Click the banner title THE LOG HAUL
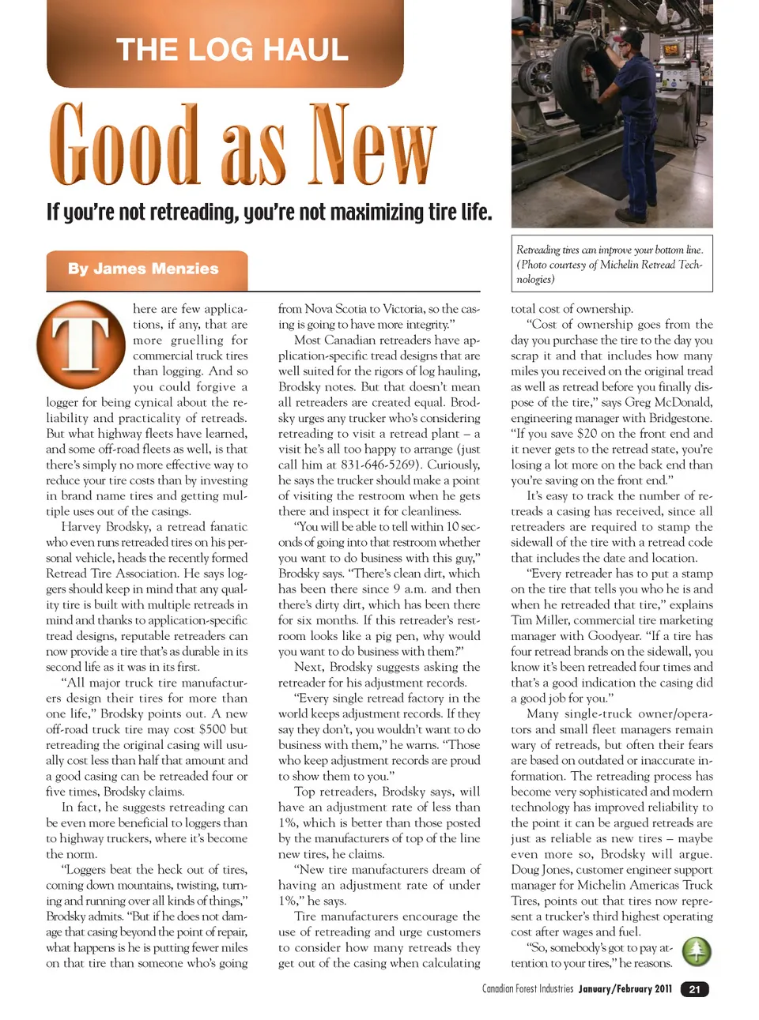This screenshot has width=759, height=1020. [232, 50]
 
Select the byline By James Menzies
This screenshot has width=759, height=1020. [143, 269]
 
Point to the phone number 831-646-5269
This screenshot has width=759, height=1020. [381, 465]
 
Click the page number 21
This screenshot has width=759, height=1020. [694, 989]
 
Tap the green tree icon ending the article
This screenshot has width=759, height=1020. [697, 952]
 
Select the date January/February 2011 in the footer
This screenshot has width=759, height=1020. [625, 989]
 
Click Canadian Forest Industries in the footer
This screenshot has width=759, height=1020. [527, 989]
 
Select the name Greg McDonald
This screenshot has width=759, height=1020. [669, 402]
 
